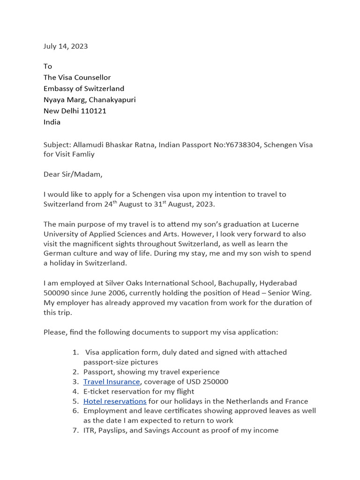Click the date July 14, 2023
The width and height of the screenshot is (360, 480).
(66, 46)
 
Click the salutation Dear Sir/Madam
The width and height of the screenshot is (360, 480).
(72, 174)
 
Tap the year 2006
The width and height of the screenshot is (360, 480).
(112, 293)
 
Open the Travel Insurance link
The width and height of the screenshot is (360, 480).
(112, 382)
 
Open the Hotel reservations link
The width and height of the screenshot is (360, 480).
(115, 401)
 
